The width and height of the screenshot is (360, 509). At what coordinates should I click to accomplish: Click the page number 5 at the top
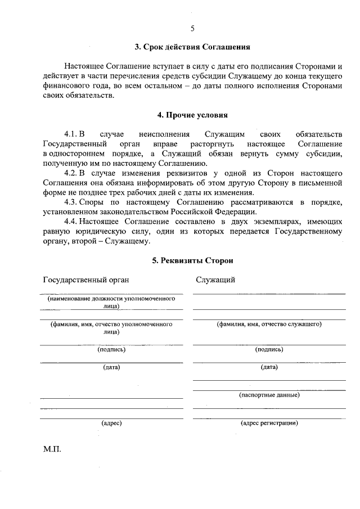tap(192, 29)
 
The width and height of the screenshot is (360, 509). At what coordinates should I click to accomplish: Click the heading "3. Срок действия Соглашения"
tap(192, 47)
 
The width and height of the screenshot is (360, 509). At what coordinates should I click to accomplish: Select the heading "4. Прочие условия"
tap(192, 115)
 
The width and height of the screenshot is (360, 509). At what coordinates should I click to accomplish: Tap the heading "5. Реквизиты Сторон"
tap(192, 260)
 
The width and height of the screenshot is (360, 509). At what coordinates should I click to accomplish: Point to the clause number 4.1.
tap(71, 134)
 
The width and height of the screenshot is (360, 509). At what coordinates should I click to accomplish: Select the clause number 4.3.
tap(71, 202)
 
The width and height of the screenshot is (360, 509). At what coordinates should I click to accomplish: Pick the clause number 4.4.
tap(71, 222)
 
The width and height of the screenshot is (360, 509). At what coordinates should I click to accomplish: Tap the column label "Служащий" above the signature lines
tap(215, 280)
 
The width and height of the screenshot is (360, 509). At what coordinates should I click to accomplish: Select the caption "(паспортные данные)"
tap(269, 395)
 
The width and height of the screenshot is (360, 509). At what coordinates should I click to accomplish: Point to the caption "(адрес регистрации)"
tap(269, 423)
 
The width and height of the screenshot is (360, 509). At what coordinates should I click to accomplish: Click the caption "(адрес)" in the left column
tap(111, 423)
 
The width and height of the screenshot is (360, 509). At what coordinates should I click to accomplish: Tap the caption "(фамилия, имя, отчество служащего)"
tap(269, 325)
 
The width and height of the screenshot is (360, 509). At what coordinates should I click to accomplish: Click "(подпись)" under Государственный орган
tap(111, 349)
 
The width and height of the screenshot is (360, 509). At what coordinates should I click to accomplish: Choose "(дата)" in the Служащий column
tap(269, 367)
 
